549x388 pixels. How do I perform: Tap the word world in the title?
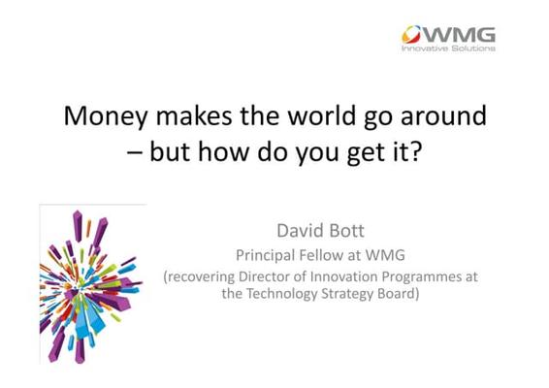pyautogui.click(x=321, y=114)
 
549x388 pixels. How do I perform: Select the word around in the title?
pyautogui.click(x=443, y=115)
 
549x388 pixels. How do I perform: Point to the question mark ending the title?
pyautogui.click(x=415, y=151)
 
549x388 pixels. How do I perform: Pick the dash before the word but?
pyautogui.click(x=135, y=154)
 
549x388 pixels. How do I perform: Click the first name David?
pyautogui.click(x=300, y=231)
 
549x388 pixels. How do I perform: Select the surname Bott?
pyautogui.click(x=346, y=231)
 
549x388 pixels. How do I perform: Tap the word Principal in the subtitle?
pyautogui.click(x=265, y=256)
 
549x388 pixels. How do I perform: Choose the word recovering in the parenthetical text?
pyautogui.click(x=199, y=277)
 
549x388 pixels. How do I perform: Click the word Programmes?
pyautogui.click(x=422, y=277)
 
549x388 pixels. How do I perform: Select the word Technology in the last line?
pyautogui.click(x=281, y=294)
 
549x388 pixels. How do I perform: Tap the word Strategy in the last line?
pyautogui.click(x=346, y=294)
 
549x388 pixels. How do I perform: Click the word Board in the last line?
pyautogui.click(x=396, y=294)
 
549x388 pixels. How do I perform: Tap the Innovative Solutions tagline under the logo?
pyautogui.click(x=448, y=48)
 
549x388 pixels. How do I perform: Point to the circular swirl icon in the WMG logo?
pyautogui.click(x=411, y=34)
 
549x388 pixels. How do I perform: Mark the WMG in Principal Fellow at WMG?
pyautogui.click(x=385, y=255)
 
